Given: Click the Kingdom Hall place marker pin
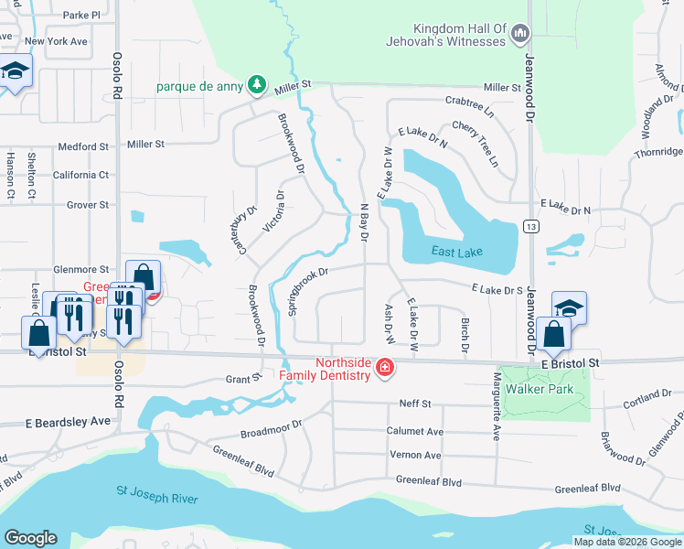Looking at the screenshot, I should coord(520,35).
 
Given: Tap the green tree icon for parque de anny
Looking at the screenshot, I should coord(259,85).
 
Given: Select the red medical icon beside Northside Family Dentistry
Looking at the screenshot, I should coord(385,368).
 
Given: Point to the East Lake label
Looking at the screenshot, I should coord(455,252).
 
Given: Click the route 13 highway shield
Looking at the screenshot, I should coord(529,225).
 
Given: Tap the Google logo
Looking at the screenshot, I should coord(30,537).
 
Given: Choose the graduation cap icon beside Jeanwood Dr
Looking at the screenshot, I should coord(569,307).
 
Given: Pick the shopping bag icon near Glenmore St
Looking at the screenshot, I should coord(144,275).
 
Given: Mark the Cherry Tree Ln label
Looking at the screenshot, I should coord(483,144).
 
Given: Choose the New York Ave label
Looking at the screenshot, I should coord(57,42).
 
